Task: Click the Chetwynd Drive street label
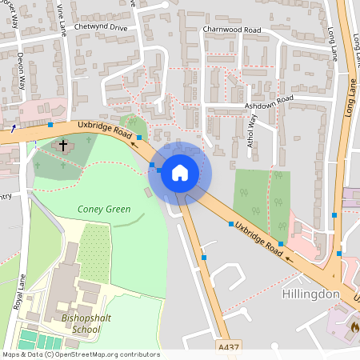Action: click(101, 27)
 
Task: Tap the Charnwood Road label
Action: click(233, 30)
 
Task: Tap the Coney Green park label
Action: click(104, 210)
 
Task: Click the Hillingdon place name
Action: click(311, 294)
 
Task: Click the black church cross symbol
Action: click(63, 146)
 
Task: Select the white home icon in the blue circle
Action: click(180, 171)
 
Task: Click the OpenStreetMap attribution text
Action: click(80, 354)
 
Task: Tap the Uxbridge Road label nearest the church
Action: click(105, 132)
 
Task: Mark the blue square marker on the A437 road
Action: click(204, 258)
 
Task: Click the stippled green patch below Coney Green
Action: click(94, 252)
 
